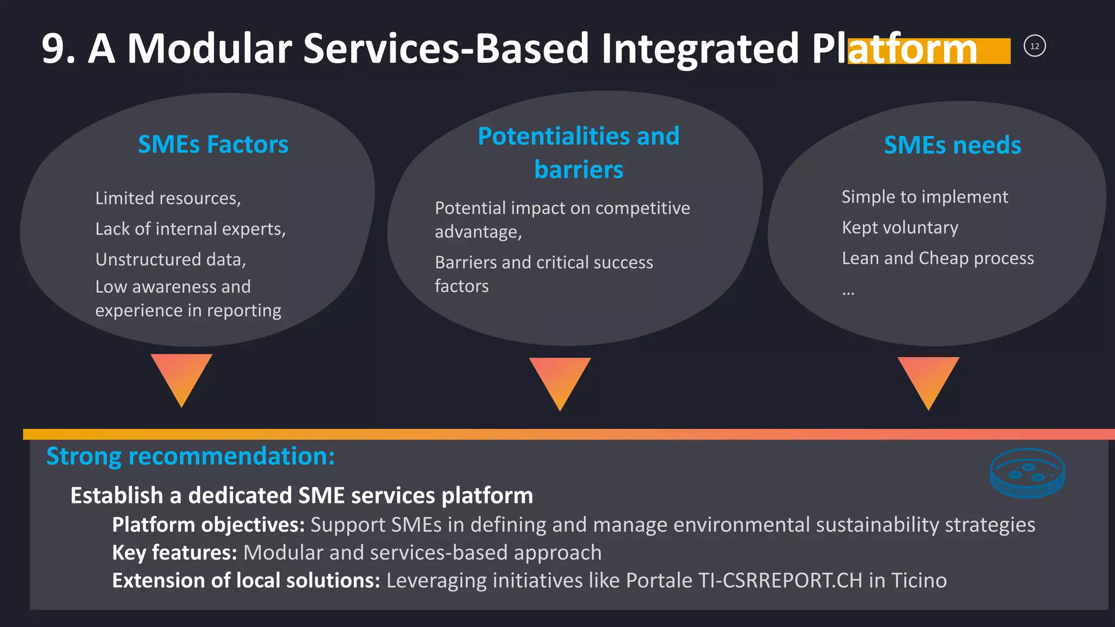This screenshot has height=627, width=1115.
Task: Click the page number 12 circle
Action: click(x=1034, y=46)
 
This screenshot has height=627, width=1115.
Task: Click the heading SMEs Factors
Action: click(x=213, y=145)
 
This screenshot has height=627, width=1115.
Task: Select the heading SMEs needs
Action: click(x=952, y=145)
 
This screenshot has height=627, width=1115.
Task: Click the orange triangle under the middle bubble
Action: click(x=560, y=380)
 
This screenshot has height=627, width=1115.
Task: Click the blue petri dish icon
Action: click(x=1027, y=472)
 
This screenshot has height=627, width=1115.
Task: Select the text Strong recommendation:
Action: click(x=190, y=456)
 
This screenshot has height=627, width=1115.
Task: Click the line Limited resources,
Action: click(x=168, y=198)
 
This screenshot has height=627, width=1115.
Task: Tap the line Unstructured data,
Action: click(x=170, y=260)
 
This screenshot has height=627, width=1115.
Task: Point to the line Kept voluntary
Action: click(x=900, y=228)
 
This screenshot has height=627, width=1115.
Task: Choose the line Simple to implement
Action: click(x=924, y=196)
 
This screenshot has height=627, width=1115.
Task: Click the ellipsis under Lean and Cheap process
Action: click(x=848, y=293)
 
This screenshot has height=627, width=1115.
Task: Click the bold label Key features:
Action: click(x=174, y=552)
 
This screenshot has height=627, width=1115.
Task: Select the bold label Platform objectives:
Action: click(x=208, y=525)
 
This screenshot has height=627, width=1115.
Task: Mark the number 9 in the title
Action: click(x=53, y=49)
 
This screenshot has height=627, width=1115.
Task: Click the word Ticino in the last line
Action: click(x=919, y=581)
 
